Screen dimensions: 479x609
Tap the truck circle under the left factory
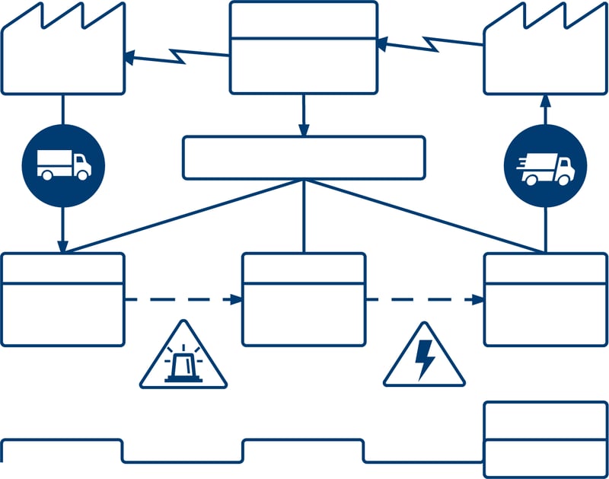(x=63, y=164)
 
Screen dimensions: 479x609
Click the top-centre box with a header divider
(x=304, y=47)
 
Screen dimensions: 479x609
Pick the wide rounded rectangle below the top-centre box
(x=304, y=158)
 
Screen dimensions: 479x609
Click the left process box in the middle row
(x=62, y=299)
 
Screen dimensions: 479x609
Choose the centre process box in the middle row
(x=304, y=299)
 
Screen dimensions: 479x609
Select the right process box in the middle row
(x=545, y=299)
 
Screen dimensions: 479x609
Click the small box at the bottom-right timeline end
(x=545, y=439)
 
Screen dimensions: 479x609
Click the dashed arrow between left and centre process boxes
(x=183, y=299)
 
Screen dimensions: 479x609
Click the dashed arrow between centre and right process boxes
(x=424, y=299)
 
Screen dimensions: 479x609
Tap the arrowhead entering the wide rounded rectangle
(x=304, y=131)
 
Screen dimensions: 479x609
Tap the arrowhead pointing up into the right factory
(x=545, y=101)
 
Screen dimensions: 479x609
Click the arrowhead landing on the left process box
(x=63, y=247)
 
